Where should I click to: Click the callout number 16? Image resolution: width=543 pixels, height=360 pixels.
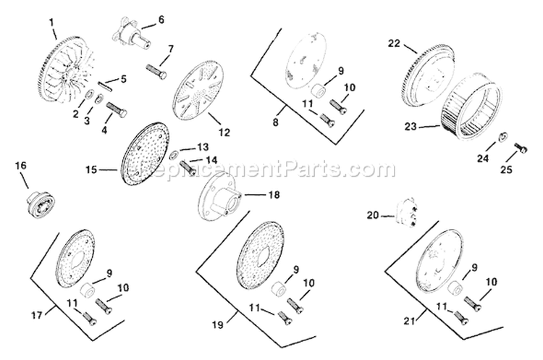[x=20, y=166]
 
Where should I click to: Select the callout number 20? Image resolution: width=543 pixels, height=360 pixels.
[x=372, y=214]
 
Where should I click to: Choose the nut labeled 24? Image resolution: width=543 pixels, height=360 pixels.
[x=500, y=137]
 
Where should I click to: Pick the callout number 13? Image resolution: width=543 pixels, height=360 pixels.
[x=203, y=146]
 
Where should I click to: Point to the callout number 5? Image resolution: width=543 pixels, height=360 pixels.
[x=124, y=78]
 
